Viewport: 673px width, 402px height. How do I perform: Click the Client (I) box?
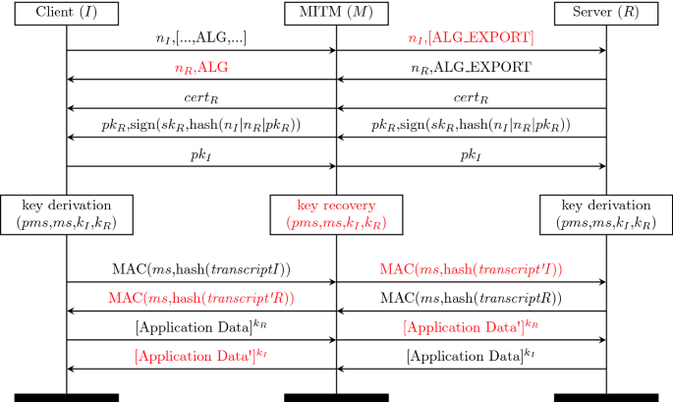click(x=67, y=14)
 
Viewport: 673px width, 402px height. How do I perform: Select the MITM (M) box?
click(x=336, y=14)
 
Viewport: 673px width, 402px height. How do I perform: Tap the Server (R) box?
click(x=605, y=14)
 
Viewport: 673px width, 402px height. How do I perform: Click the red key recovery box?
click(x=336, y=214)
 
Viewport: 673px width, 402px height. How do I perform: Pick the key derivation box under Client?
click(x=67, y=214)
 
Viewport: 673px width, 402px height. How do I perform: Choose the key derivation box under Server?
click(x=605, y=214)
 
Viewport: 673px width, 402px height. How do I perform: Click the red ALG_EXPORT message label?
click(x=471, y=38)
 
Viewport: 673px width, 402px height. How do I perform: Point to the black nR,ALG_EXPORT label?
click(x=471, y=69)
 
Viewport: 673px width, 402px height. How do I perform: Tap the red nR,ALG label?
click(x=201, y=69)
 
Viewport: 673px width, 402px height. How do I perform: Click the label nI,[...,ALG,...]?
click(x=201, y=38)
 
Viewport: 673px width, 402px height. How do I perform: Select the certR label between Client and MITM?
click(x=201, y=98)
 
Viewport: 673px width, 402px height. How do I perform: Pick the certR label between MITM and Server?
click(x=471, y=98)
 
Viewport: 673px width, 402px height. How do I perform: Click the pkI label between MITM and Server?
click(x=471, y=155)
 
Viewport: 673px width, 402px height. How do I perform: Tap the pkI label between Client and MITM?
click(x=201, y=155)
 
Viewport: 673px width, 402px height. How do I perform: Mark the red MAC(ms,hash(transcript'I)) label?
click(x=471, y=269)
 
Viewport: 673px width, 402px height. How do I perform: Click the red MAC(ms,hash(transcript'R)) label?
click(x=201, y=298)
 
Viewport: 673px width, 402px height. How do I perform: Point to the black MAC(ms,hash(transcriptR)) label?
click(x=471, y=298)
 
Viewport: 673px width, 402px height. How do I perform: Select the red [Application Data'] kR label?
click(x=471, y=325)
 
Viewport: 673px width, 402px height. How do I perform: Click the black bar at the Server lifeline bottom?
click(x=605, y=396)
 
